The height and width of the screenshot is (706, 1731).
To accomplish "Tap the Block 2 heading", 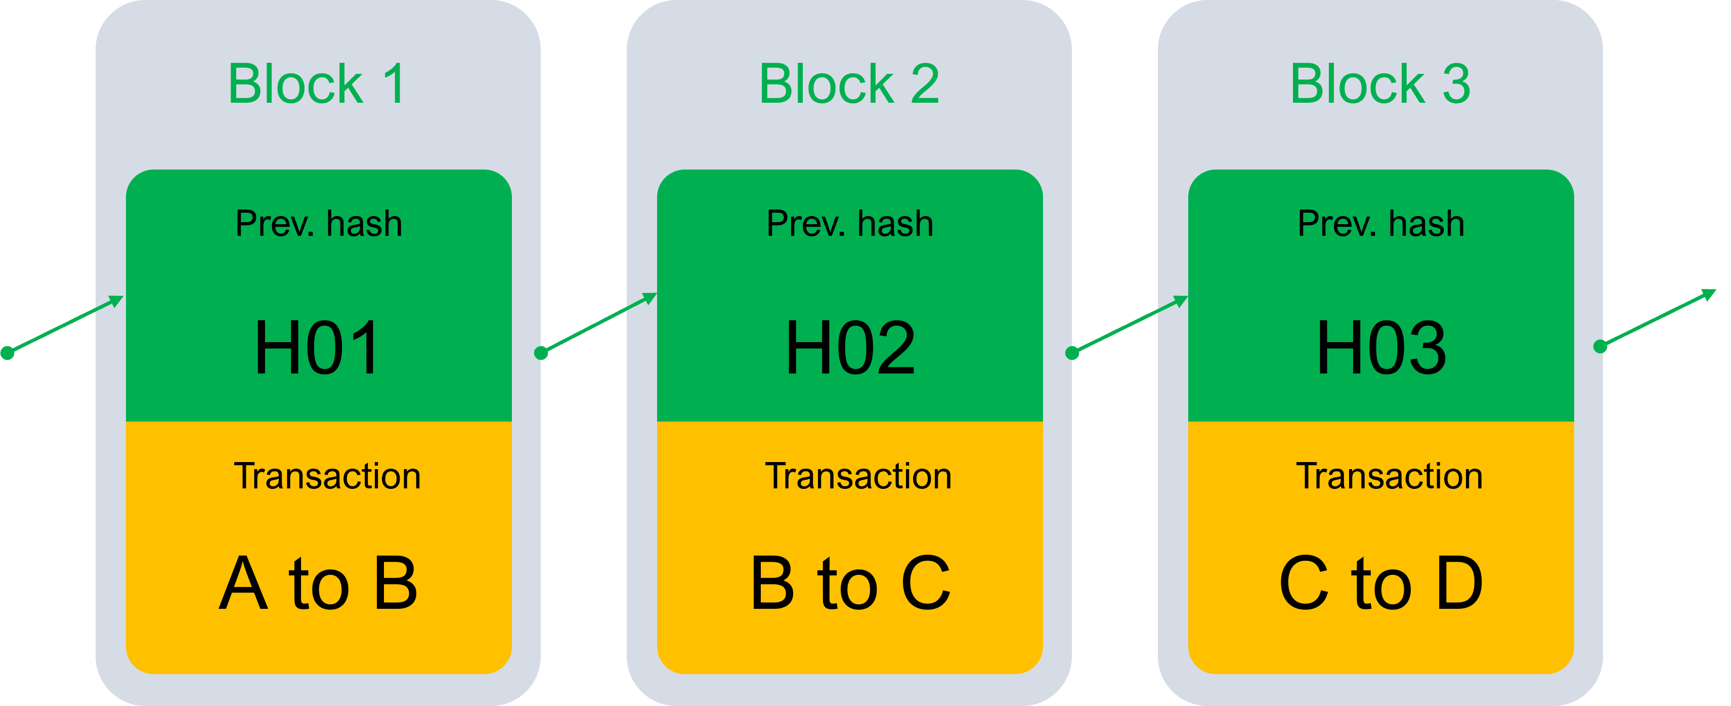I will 849,84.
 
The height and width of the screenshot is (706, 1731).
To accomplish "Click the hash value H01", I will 317,348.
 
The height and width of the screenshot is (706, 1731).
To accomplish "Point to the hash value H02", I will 850,348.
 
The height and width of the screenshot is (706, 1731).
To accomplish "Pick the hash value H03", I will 1381,348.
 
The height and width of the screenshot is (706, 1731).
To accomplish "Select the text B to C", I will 850,584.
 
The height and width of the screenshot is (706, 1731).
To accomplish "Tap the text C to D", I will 1381,584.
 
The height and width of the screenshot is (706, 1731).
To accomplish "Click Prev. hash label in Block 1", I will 319,224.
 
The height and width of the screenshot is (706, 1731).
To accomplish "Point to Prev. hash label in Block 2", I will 850,224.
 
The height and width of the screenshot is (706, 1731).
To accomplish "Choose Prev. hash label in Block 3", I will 1381,224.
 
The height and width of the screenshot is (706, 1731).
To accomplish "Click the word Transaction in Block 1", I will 327,476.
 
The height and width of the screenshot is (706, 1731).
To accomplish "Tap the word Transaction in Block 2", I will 858,476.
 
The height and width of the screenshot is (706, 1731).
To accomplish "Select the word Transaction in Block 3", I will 1389,476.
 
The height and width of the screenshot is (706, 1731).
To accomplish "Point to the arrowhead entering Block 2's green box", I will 649,298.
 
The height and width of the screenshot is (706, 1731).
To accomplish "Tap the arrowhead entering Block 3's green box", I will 1180,301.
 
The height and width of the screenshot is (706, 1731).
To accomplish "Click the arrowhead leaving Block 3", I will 1708,294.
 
